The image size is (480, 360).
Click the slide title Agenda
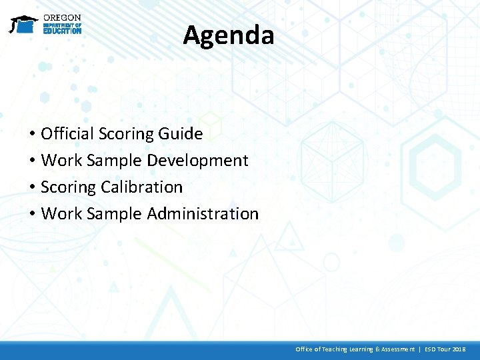point(229,35)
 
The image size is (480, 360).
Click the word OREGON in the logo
point(62,17)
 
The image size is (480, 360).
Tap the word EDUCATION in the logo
point(62,31)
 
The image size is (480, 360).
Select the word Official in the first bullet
point(67,134)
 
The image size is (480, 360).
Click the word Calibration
point(141,187)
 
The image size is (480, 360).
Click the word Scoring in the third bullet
point(69,187)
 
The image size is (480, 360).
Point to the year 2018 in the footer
point(459,349)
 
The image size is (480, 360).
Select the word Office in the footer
point(304,349)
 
